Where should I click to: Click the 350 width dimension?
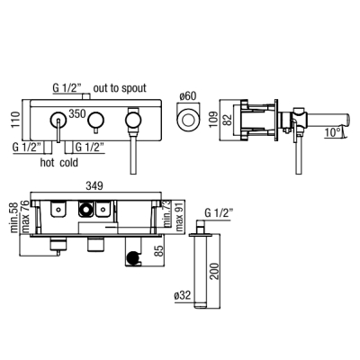[77, 113]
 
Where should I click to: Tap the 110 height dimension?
[16, 120]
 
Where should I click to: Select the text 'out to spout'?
[120, 88]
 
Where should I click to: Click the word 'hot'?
[48, 163]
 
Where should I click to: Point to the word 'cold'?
[68, 163]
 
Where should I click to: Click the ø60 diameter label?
[188, 96]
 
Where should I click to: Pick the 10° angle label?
[332, 132]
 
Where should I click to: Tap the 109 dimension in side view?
[214, 120]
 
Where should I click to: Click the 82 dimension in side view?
[228, 120]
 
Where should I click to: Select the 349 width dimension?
[94, 185]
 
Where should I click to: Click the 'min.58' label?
[14, 218]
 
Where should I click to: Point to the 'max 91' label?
[179, 215]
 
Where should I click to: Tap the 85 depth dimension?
[160, 250]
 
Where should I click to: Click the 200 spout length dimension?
[214, 271]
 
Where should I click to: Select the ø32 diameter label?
[183, 295]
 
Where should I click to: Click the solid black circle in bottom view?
[133, 257]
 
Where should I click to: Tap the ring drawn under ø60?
[187, 120]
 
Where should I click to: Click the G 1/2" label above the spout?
[219, 213]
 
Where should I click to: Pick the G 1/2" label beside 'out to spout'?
[67, 88]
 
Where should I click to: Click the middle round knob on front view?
[95, 120]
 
